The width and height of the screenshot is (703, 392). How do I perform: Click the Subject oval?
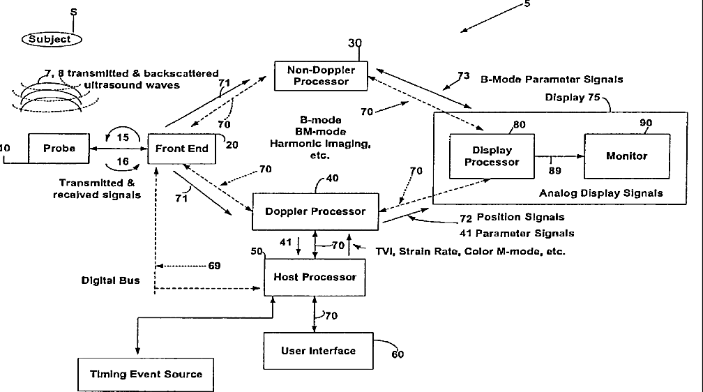pos(50,39)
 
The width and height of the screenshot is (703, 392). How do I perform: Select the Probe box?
pos(59,149)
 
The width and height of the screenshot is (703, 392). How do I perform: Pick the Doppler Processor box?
pos(315,211)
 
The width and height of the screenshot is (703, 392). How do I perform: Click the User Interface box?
pos(318,351)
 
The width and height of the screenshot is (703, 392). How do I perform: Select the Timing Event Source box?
pos(145,375)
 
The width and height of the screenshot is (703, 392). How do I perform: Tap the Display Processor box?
pos(492,156)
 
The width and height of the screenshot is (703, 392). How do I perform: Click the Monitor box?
pos(627,156)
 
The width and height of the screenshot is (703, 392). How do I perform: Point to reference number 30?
pos(355,43)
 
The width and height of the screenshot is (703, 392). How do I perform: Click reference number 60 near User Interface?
pos(397,354)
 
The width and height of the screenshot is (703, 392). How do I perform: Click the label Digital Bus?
pos(110,280)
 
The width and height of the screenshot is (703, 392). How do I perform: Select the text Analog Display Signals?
pos(601,193)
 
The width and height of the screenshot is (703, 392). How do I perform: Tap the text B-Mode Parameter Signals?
pos(552,79)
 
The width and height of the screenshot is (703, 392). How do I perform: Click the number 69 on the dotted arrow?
pos(214,266)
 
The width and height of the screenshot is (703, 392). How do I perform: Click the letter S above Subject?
pos(74,13)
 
